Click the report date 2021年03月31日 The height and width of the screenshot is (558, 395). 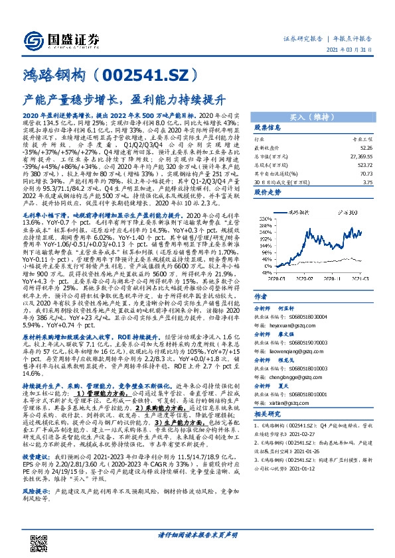363,49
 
